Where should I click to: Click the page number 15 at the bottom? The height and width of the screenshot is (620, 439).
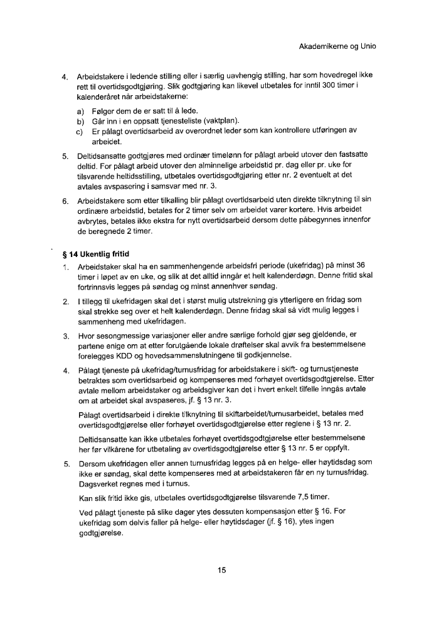221,570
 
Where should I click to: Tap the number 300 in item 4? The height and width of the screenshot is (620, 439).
341,85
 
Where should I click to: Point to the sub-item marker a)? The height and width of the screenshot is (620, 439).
80,110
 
